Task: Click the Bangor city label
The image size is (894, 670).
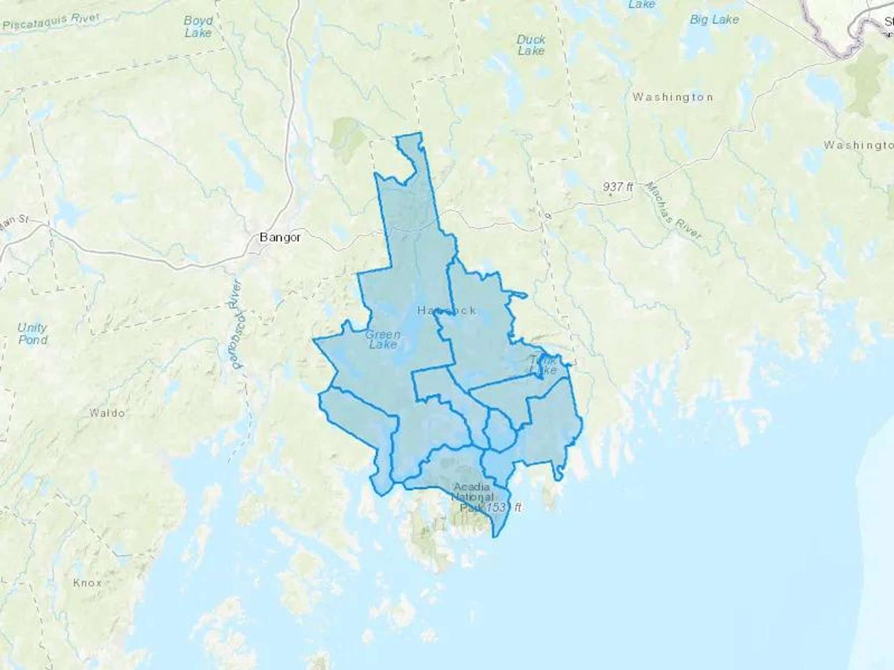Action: [x=280, y=237]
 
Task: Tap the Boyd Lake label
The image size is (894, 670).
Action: [x=198, y=27]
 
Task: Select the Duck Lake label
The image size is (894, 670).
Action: [x=531, y=45]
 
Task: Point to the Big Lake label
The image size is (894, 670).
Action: [x=714, y=20]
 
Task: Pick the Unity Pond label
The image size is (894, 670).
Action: [x=33, y=334]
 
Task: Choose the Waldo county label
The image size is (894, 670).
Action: [x=107, y=413]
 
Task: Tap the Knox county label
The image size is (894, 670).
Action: [x=87, y=582]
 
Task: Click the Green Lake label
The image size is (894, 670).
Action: [x=383, y=339]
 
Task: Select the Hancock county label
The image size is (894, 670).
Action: [x=447, y=311]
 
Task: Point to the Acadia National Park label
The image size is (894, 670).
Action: [x=472, y=496]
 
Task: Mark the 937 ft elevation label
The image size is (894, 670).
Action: [x=618, y=187]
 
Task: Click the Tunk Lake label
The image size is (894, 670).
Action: [x=543, y=365]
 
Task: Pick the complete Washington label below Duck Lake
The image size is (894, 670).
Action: [x=672, y=97]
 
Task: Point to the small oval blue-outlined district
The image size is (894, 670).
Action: [x=500, y=430]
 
